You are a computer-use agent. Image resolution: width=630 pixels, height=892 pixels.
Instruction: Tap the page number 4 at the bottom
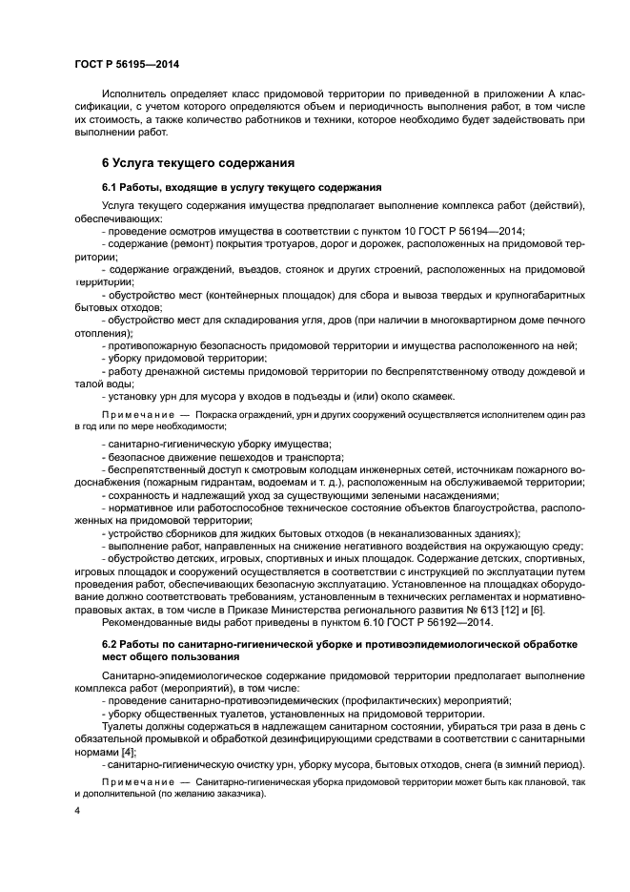(77, 810)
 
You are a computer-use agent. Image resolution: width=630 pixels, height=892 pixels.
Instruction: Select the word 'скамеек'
(432, 396)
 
